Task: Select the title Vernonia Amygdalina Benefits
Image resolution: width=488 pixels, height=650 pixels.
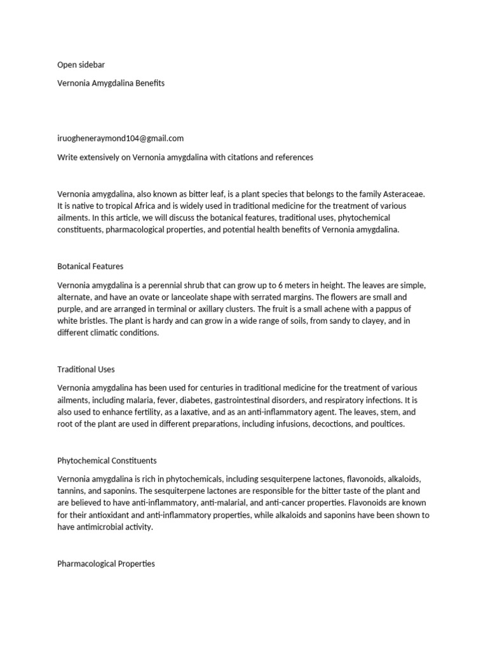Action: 111,83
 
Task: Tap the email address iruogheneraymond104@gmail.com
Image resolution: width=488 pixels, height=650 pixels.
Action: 120,138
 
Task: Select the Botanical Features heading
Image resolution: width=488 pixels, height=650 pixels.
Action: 90,267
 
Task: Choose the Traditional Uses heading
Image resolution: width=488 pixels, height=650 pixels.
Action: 86,369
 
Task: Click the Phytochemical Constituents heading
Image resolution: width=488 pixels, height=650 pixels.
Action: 107,460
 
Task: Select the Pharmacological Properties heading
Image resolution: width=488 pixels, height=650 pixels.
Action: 106,564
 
